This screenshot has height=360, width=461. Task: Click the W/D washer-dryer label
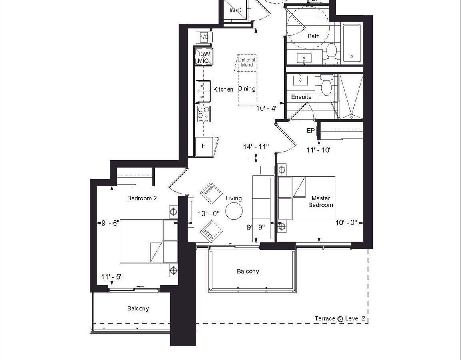tap(235, 10)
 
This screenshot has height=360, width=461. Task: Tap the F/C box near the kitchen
tap(204, 37)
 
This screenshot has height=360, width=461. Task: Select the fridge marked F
tap(204, 146)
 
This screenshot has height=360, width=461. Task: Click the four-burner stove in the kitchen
tap(204, 114)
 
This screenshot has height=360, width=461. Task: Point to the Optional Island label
tap(246, 62)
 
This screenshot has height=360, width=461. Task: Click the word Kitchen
tap(223, 90)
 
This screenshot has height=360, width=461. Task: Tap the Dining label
tap(247, 88)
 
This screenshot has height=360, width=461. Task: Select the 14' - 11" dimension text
tap(256, 146)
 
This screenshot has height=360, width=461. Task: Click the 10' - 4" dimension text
tap(267, 108)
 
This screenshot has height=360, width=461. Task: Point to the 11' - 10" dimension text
tap(319, 150)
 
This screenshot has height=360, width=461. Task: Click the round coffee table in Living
tap(234, 211)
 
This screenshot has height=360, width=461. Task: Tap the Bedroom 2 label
tap(142, 198)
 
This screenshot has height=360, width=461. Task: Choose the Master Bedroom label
tap(321, 202)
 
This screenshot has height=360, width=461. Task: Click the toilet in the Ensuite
tap(326, 84)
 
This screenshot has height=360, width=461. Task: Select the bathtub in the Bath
tap(352, 44)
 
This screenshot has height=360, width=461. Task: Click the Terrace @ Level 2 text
tap(340, 318)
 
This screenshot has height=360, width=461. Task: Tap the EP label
tap(311, 130)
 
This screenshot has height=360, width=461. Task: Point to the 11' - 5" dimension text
tap(112, 277)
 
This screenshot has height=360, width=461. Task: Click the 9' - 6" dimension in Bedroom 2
tap(110, 223)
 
